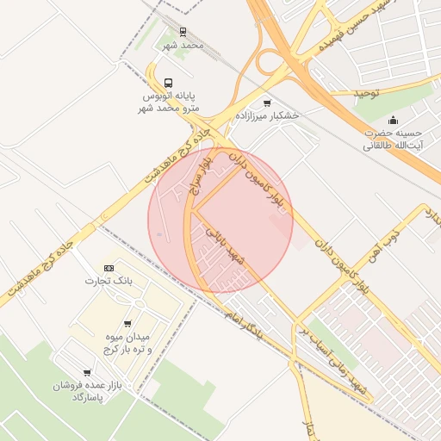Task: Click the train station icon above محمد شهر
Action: pos(182,32)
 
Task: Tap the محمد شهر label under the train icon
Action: pos(183,45)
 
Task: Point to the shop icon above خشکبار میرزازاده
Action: pos(267,102)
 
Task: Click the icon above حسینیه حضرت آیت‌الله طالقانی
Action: pos(394,120)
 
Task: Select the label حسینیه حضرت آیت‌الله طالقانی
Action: pos(393,140)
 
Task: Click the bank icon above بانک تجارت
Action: pos(109,268)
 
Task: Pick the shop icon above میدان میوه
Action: pos(127,324)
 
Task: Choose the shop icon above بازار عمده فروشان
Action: pos(87,372)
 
